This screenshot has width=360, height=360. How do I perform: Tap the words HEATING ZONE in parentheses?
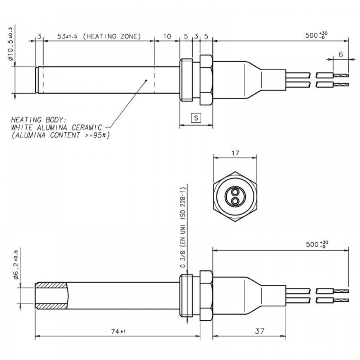click(112, 37)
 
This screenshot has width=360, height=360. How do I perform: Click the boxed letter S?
click(196, 118)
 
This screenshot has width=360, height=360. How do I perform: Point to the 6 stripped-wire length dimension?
click(341, 54)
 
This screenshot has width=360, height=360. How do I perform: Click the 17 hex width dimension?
click(235, 153)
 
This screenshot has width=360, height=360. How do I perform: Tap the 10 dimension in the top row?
click(167, 37)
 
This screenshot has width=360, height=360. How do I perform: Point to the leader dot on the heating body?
click(146, 80)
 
